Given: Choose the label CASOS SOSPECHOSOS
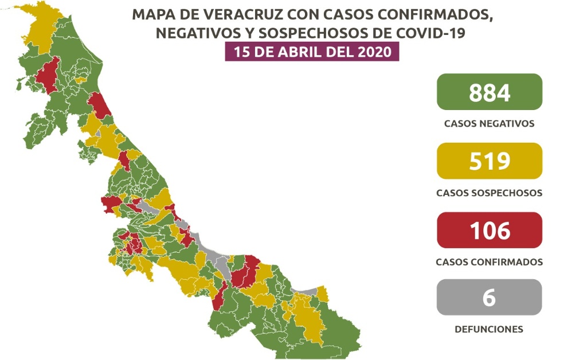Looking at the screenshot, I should click(489, 193).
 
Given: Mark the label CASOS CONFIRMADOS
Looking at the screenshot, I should click(489, 262).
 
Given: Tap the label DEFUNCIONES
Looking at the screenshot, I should click(489, 330).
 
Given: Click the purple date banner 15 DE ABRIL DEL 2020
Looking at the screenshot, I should click(311, 52).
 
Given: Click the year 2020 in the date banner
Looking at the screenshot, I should click(373, 52).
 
